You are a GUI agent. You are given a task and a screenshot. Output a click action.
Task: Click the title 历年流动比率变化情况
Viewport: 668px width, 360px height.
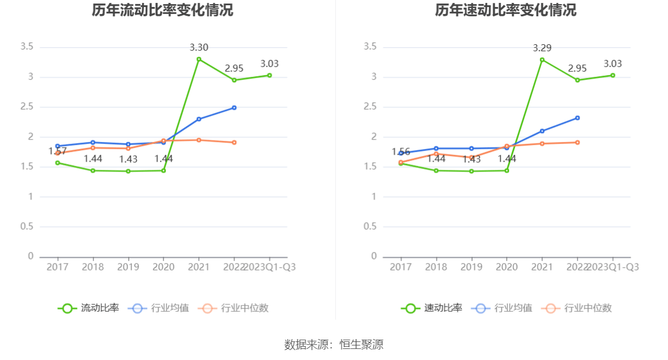(162, 10)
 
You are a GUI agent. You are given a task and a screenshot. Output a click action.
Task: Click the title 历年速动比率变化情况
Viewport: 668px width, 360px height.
(506, 10)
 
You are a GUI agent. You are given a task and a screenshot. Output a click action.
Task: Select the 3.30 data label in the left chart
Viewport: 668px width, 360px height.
(198, 48)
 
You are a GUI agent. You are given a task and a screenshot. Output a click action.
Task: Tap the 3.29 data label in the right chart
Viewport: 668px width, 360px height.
(542, 48)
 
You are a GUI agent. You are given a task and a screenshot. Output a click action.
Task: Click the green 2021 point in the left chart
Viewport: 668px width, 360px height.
(198, 59)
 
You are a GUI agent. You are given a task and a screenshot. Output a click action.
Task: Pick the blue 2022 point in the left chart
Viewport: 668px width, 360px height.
(234, 108)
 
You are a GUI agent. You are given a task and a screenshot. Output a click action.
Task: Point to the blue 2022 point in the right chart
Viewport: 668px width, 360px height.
(577, 118)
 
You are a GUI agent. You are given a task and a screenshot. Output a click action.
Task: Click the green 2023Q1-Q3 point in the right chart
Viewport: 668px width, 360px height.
(613, 75)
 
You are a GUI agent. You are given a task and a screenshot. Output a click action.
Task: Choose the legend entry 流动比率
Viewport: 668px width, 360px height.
(88, 308)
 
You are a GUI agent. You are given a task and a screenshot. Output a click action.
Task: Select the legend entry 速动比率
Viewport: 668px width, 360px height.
(432, 308)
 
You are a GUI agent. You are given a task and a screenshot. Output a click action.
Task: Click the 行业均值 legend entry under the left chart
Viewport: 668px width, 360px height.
(158, 308)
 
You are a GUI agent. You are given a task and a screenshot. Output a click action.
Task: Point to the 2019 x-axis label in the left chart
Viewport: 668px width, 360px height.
(128, 267)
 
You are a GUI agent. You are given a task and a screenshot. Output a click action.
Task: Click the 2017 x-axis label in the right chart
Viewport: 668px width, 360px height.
(400, 267)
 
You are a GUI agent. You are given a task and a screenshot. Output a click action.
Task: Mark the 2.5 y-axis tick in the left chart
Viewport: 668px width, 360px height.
(27, 107)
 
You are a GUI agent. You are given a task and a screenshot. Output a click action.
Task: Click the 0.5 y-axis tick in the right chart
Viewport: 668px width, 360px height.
(370, 226)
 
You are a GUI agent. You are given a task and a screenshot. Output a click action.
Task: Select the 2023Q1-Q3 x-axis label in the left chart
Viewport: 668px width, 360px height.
(269, 267)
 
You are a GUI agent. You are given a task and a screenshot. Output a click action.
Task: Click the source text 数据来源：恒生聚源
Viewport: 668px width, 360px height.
(334, 344)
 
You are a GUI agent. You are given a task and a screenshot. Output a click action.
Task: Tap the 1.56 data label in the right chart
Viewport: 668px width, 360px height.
(401, 152)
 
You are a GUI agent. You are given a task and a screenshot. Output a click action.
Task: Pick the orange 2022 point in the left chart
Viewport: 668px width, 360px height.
(234, 142)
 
